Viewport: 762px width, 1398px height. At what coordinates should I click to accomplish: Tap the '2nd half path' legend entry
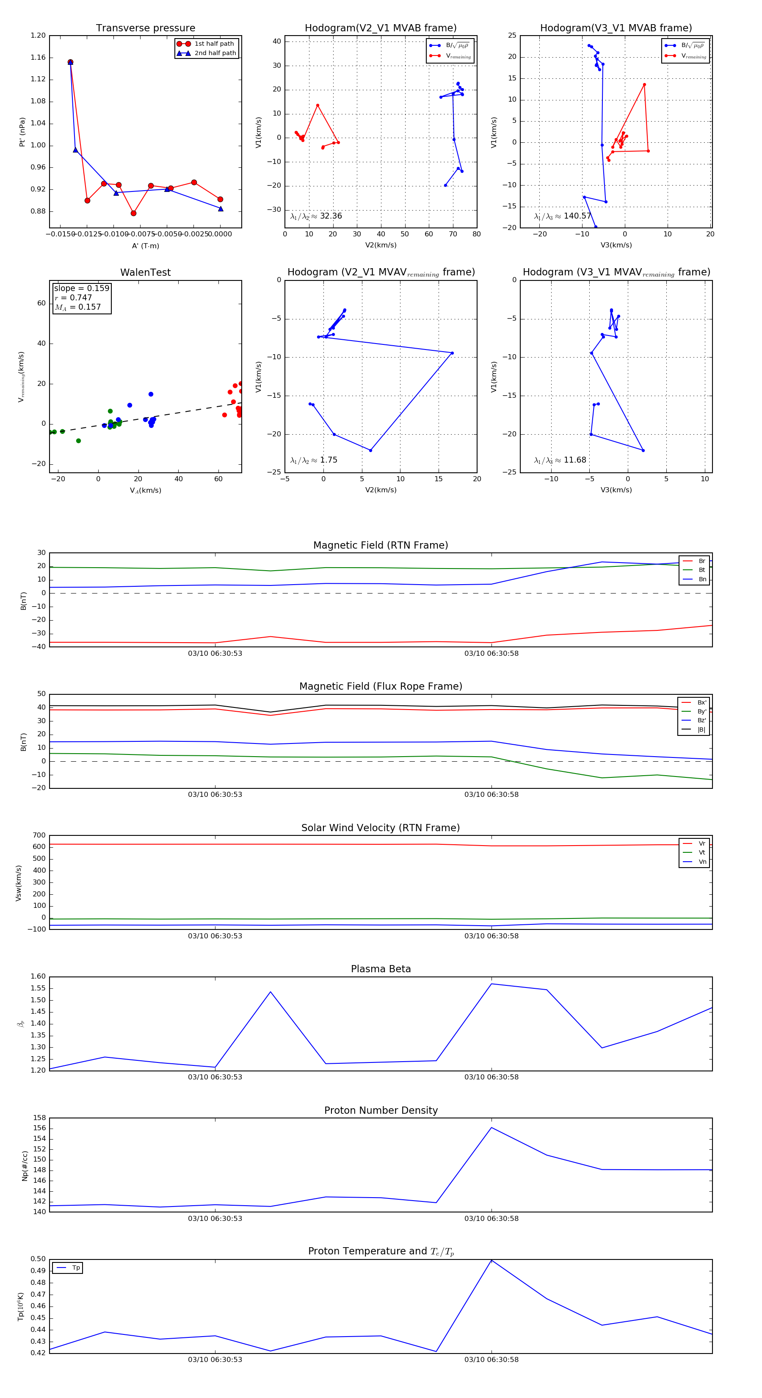pos(215,53)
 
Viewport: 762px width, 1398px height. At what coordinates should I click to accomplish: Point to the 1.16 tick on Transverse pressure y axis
pos(38,58)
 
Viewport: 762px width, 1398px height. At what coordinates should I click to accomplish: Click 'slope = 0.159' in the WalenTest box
pos(81,288)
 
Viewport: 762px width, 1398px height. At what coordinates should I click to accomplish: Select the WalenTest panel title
pos(145,272)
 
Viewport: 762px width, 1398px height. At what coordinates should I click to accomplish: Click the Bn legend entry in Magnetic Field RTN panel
pos(702,579)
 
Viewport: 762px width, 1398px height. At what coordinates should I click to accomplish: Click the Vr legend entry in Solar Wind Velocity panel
pos(702,843)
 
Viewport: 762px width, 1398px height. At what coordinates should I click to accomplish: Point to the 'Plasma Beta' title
pos(381,969)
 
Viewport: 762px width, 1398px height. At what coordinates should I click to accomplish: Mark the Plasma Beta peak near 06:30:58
pos(491,984)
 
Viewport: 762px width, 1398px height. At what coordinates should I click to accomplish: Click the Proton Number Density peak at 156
pos(491,1128)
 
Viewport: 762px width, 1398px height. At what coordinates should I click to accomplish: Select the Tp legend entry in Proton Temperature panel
pos(75,1268)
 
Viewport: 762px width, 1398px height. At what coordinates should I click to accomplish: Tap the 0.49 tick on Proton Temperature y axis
pos(38,1270)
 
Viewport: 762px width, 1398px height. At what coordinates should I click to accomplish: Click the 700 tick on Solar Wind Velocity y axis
pos(39,835)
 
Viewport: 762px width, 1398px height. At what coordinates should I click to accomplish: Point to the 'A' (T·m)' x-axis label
pos(145,246)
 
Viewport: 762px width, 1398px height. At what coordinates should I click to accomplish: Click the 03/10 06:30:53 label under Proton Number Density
pos(215,1218)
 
